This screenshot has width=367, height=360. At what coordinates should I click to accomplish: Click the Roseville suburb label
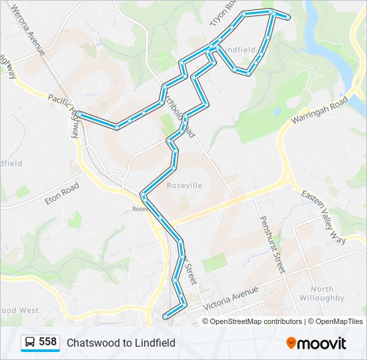click(x=184, y=185)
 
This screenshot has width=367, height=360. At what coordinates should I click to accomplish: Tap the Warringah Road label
click(x=320, y=112)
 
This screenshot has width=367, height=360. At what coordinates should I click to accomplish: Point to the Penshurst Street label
click(x=272, y=245)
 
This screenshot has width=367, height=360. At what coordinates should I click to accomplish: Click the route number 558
click(x=47, y=342)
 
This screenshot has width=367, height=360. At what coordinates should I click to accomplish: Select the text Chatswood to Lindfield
click(x=121, y=343)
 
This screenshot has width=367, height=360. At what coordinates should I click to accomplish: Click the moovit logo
click(x=316, y=343)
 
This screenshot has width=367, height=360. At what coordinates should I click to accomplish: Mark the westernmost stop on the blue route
click(x=79, y=114)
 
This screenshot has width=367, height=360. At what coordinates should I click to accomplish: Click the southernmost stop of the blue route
click(x=165, y=307)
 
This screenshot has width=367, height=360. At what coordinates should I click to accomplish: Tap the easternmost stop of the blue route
click(x=289, y=18)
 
